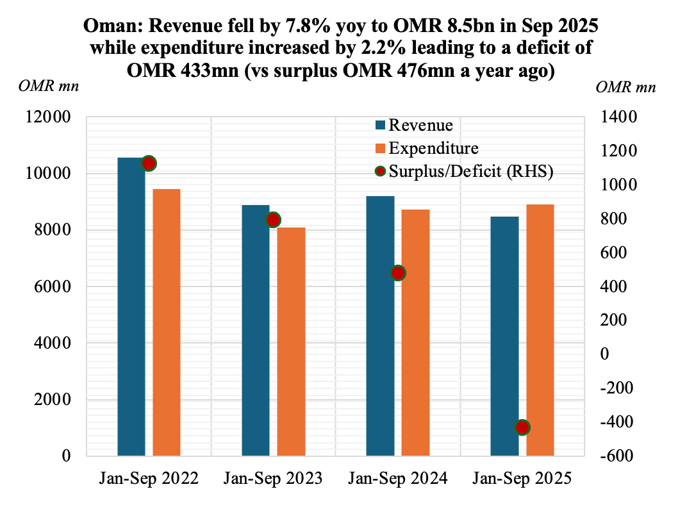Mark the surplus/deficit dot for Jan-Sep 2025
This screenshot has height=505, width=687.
[522, 427]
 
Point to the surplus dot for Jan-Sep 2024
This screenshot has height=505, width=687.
[398, 273]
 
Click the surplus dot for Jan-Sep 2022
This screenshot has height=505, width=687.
[149, 163]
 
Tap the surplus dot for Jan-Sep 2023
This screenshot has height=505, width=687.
[274, 220]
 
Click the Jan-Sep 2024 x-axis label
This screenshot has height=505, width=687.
[398, 478]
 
